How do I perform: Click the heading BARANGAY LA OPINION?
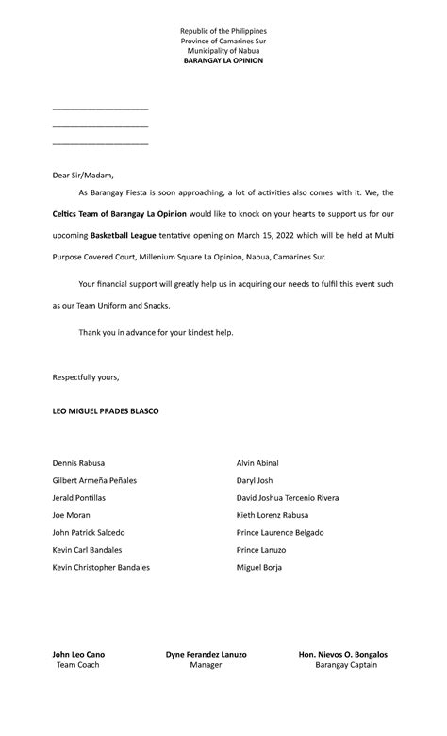tap(223, 59)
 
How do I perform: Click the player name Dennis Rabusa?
tap(78, 463)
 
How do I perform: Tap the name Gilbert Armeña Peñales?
tap(94, 480)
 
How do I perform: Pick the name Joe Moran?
tap(71, 515)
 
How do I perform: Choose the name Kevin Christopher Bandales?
tap(101, 567)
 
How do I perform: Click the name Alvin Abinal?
tap(257, 463)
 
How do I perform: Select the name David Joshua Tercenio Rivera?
tap(288, 497)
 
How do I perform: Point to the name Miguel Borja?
tap(259, 567)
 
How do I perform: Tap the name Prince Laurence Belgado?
tap(280, 532)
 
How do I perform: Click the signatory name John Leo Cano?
tap(78, 654)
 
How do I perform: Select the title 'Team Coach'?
tap(78, 665)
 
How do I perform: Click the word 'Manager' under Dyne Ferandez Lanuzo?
tap(206, 665)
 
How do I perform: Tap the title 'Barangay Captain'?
tap(345, 665)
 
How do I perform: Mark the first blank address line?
tap(101, 110)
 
